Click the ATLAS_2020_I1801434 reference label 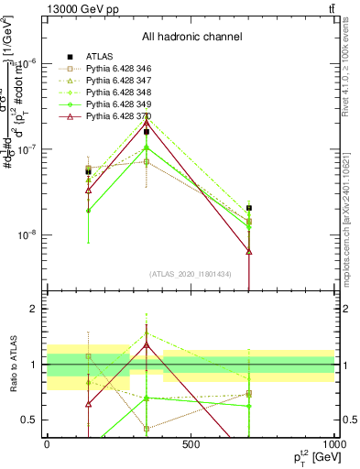191,274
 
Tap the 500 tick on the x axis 191,445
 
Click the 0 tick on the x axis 46,445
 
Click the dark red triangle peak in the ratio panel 147,344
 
